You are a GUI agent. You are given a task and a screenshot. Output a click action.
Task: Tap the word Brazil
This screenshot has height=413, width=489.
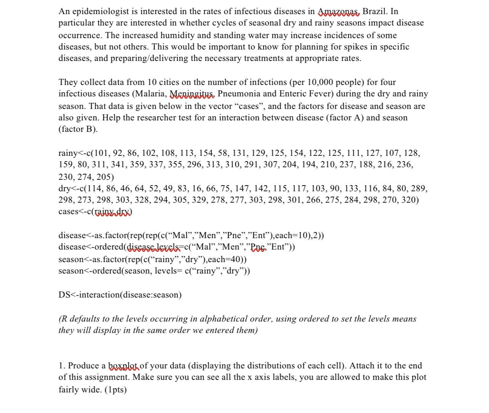(x=375, y=11)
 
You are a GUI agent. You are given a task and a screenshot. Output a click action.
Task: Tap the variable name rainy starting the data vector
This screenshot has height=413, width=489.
(x=67, y=153)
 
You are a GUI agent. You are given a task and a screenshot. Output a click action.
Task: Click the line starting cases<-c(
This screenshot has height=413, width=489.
(x=95, y=211)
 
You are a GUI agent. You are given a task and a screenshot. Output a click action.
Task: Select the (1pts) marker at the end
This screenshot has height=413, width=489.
(x=115, y=390)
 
